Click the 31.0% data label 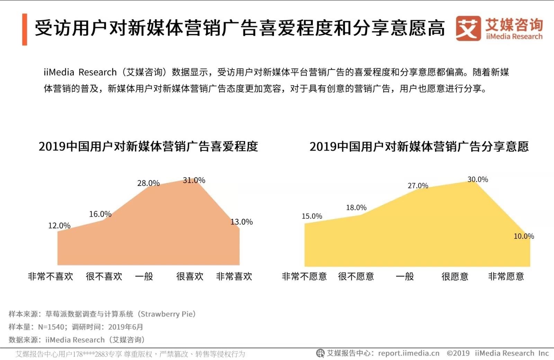pos(194,180)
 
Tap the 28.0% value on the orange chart pos(148,183)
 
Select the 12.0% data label pos(59,226)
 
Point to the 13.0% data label pos(242,222)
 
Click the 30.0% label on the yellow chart pos(477,179)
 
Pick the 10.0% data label pos(524,236)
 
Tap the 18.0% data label pos(356,208)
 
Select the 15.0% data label pos(312,216)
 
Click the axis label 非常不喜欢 pos(51,276)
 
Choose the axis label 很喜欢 pos(190,276)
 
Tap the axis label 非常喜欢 pos(234,276)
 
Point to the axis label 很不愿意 pos(356,276)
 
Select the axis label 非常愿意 pos(506,276)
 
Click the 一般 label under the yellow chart pos(405,276)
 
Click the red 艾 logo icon pos(468,28)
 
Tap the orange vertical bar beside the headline pos(25,29)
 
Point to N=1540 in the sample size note pos(51,327)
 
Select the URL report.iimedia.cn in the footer pos(409,353)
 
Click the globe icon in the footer pos(320,353)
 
